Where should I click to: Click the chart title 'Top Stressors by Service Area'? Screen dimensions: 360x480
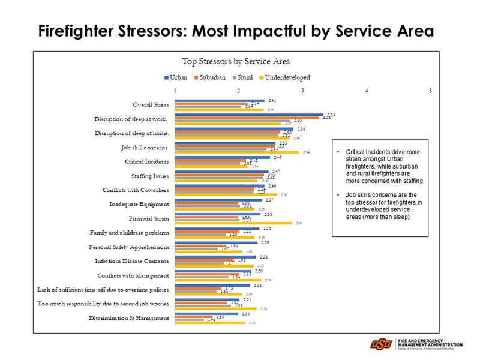click(236, 61)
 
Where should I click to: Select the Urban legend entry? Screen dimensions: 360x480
click(176, 77)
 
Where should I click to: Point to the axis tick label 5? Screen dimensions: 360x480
click(430, 91)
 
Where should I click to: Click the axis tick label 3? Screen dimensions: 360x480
click(302, 91)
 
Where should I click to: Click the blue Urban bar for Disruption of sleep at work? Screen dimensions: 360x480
click(248, 115)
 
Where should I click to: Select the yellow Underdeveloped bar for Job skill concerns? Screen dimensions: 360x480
click(236, 152)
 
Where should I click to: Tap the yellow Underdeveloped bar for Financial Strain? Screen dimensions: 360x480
click(232, 223)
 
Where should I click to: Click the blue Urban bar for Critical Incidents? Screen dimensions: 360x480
click(221, 157)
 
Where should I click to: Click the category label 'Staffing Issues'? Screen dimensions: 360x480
click(150, 176)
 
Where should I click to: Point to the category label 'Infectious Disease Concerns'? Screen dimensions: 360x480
click(132, 261)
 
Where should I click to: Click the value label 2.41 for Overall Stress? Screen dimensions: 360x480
click(272, 100)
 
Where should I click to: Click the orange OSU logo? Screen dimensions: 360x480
click(381, 344)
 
